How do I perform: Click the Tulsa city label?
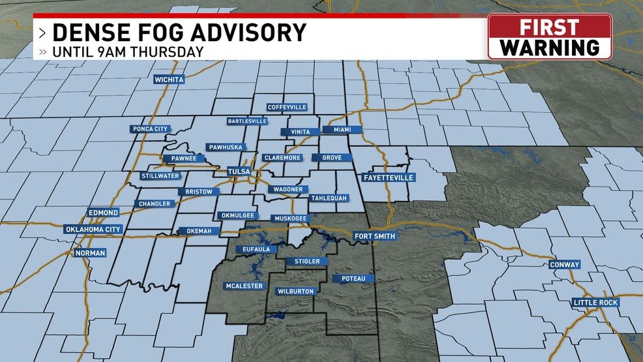(x=239, y=172)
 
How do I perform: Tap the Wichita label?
(x=169, y=80)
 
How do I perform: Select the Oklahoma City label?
(x=93, y=230)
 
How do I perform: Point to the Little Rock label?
(x=595, y=303)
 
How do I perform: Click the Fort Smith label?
(x=374, y=235)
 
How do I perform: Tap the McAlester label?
(x=244, y=286)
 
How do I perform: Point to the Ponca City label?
(x=151, y=128)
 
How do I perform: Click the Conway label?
(x=564, y=264)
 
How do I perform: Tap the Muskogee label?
(x=289, y=217)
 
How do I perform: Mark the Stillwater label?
(x=159, y=176)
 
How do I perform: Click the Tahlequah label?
(x=329, y=198)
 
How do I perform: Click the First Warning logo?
(x=549, y=37)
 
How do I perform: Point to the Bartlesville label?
(x=247, y=121)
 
